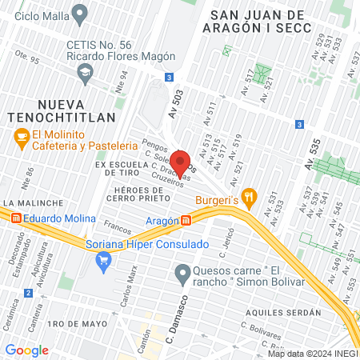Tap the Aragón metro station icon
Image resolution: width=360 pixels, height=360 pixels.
[186, 220]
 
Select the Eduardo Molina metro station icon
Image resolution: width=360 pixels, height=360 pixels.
[14, 218]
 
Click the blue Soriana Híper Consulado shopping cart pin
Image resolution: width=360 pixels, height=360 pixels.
[103, 260]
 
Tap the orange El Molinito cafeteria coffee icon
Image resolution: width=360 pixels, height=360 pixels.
[22, 139]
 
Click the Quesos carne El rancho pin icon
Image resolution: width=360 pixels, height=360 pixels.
[183, 274]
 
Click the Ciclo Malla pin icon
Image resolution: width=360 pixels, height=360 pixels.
[79, 14]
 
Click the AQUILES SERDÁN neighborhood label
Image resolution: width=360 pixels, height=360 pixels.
[283, 312]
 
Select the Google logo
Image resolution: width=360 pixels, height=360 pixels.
[26, 350]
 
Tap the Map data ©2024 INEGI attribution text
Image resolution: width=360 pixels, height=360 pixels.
[312, 354]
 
